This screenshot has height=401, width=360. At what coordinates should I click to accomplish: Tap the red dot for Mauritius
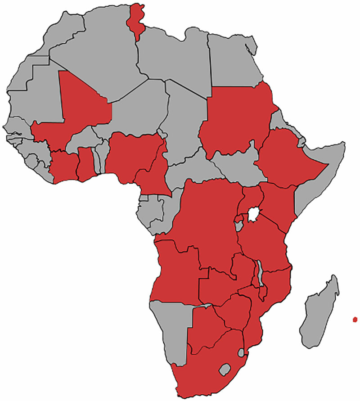point(355,319)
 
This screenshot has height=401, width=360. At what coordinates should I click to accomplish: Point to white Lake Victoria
point(255,213)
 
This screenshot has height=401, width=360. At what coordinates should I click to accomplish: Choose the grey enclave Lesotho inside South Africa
point(225,370)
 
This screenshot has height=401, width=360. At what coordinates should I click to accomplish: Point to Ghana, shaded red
point(85,164)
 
